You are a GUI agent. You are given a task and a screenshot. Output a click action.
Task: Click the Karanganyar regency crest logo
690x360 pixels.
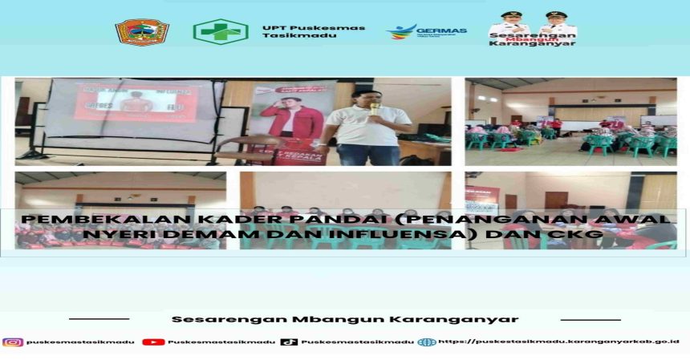pos(142,32)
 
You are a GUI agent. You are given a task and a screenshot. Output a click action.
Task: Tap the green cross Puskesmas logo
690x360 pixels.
pos(220,32)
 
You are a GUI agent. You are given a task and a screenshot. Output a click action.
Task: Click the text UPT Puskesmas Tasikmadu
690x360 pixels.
pos(312,31)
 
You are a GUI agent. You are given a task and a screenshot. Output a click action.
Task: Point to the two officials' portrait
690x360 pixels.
pos(532,23)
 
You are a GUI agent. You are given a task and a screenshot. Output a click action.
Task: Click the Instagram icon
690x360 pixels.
pos(13,342)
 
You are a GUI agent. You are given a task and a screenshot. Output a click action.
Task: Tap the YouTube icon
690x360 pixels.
pos(153,342)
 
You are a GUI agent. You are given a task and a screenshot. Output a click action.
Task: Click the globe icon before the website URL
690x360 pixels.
pos(426,342)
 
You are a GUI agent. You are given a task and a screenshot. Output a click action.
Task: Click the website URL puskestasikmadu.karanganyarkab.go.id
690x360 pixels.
pos(558,342)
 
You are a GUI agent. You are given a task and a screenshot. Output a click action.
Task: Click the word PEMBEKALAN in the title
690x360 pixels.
pos(80,218)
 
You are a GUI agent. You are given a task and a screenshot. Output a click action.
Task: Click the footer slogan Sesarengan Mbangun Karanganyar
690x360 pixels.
pos(344,319)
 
